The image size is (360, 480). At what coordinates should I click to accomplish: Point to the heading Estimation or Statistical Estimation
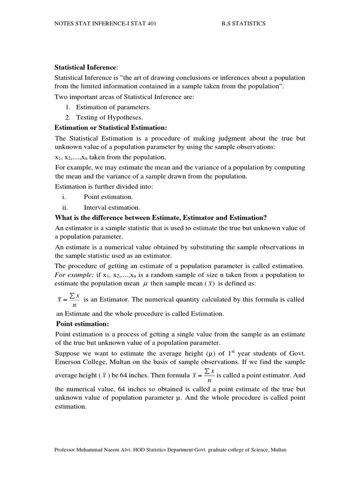click(x=111, y=127)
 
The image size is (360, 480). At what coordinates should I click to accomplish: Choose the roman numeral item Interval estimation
click(x=112, y=207)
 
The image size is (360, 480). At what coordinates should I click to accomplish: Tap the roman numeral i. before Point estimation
click(x=64, y=197)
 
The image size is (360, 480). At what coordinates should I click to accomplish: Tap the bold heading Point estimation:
click(x=82, y=324)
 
